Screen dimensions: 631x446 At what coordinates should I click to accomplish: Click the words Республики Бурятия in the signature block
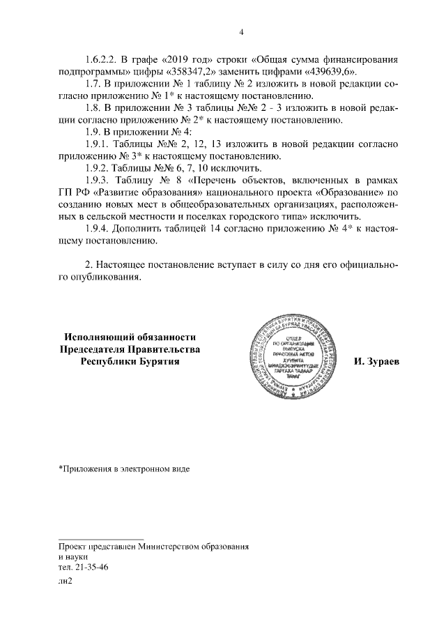click(130, 362)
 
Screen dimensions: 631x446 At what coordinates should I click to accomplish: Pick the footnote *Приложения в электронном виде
click(124, 469)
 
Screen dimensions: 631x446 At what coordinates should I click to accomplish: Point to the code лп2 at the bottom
click(66, 584)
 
